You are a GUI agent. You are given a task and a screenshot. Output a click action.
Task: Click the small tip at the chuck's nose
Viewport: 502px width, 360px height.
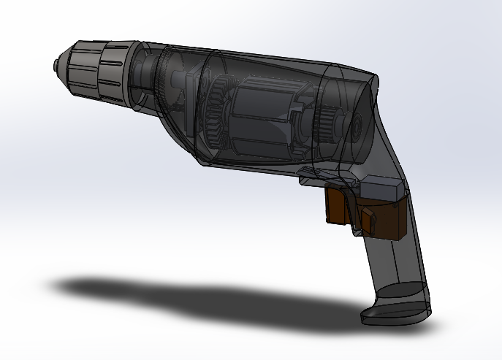tap(56, 65)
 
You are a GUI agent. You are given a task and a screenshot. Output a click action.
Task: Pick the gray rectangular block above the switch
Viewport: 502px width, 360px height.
tap(381, 188)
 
